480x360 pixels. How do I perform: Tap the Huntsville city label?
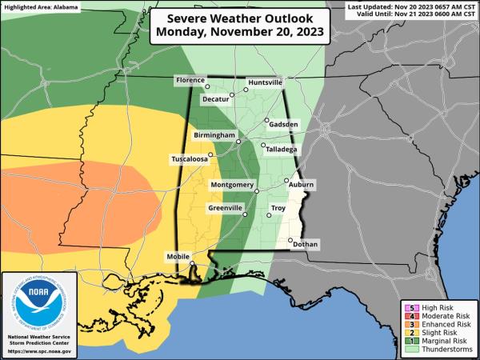265,82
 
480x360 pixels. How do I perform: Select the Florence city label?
190,81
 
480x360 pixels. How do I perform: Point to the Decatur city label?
215,100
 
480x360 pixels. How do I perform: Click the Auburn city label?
302,185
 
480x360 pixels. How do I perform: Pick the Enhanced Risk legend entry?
440,325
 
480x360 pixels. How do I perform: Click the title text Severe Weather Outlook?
240,17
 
